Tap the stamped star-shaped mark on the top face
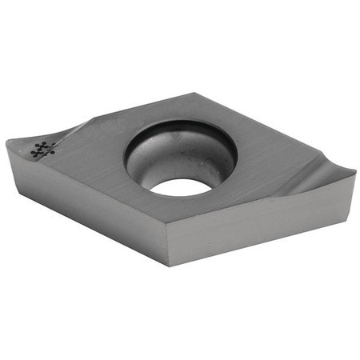pos(42,149)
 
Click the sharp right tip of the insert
pos(354,172)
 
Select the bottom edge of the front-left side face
pos(88,229)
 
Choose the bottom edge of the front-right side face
pos(264,242)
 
